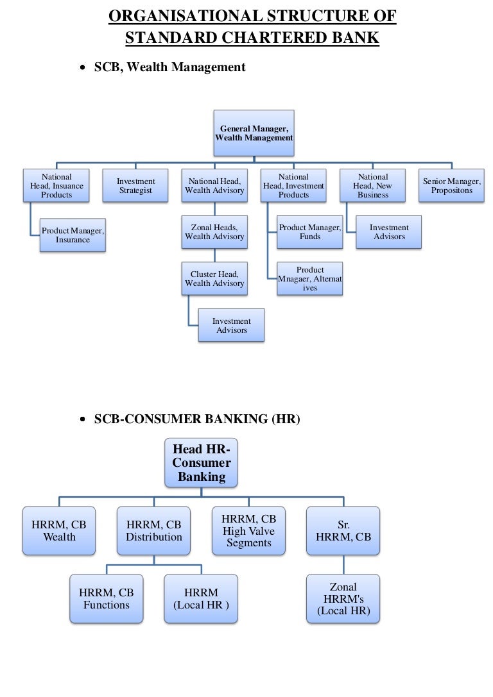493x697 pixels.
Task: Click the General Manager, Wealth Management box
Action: pos(254,133)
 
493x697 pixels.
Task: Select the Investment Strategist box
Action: pos(135,186)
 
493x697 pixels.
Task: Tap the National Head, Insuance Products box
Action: pos(56,186)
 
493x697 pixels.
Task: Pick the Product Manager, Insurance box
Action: pos(73,235)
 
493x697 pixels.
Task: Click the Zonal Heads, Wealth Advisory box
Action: pos(214,232)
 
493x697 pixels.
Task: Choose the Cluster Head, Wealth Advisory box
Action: pos(214,278)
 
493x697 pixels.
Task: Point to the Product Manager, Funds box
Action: pos(310,232)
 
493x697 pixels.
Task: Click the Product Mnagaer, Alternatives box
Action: pos(310,278)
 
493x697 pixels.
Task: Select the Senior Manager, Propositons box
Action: pos(452,186)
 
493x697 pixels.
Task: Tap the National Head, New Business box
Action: pos(373,186)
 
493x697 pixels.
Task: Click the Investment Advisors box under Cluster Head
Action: pos(231,325)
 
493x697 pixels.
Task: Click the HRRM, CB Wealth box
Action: pos(59,530)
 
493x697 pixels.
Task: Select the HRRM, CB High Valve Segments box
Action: pos(248,530)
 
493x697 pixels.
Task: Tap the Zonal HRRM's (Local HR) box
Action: pos(343,598)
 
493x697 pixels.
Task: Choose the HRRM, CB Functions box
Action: pos(107,598)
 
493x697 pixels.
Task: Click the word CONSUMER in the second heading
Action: pos(166,419)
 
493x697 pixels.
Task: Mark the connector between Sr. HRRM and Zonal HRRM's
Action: pos(343,564)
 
